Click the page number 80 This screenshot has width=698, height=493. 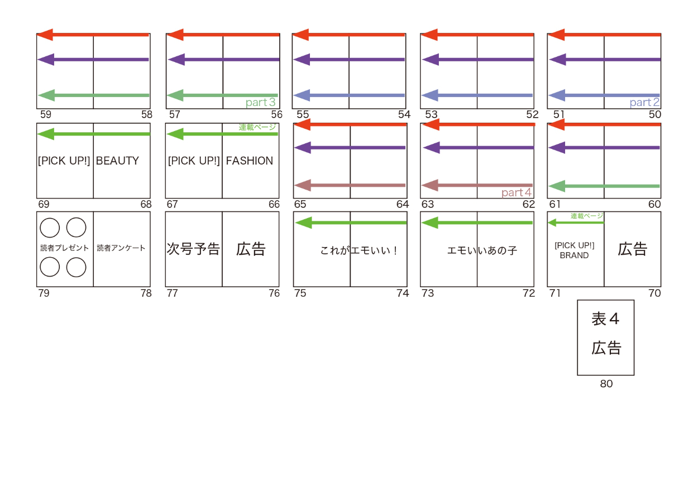click(x=606, y=384)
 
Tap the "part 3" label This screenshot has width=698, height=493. click(x=260, y=103)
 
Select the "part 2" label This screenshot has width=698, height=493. click(x=644, y=103)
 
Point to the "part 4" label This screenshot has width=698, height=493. click(x=516, y=193)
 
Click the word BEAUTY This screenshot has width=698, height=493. click(x=117, y=161)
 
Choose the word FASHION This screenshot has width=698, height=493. click(x=250, y=161)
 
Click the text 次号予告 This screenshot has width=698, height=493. click(x=193, y=249)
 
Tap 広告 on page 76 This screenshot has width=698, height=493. click(x=251, y=249)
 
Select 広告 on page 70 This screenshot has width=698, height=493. click(x=632, y=249)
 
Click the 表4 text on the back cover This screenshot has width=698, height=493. click(x=606, y=319)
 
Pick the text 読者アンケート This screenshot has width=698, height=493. click(x=121, y=248)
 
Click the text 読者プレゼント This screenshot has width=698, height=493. click(x=64, y=248)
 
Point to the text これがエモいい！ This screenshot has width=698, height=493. click(x=359, y=250)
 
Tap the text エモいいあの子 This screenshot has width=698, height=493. click(x=482, y=250)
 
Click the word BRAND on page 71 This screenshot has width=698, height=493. click(x=574, y=255)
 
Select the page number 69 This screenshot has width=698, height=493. click(x=44, y=204)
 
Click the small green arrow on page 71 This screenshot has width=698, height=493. click(x=575, y=223)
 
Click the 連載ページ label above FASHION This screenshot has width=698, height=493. click(x=257, y=127)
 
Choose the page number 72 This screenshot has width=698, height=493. click(x=529, y=293)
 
